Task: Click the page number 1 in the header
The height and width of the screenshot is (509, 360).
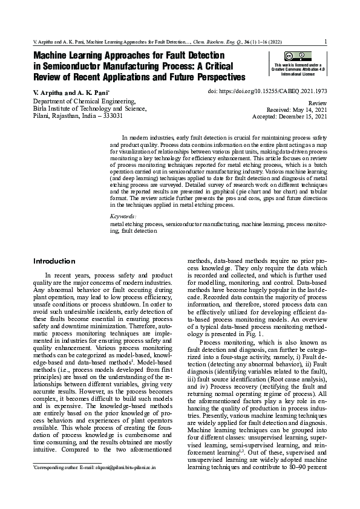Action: tap(326, 42)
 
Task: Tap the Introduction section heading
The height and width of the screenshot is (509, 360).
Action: tap(54, 261)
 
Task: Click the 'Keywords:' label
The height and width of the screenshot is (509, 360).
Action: tap(123, 216)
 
